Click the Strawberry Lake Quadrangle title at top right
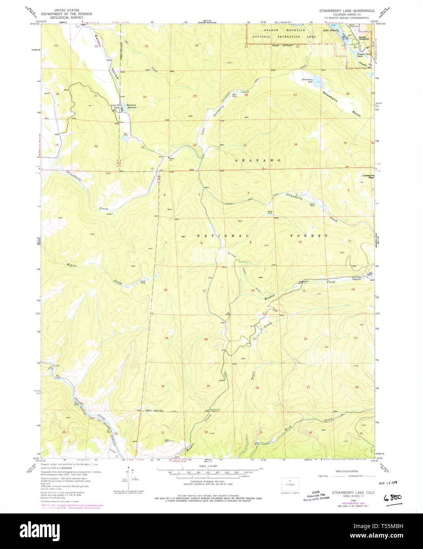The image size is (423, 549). tap(347, 11)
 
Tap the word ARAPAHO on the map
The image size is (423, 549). tap(258, 160)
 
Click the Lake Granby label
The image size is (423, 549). tap(331, 30)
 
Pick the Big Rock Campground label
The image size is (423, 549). tap(364, 38)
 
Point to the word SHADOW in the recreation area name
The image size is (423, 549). tap(271, 30)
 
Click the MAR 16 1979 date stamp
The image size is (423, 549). tap(389, 483)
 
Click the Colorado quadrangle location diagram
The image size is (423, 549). tap(290, 484)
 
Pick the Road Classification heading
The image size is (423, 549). tap(346, 471)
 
